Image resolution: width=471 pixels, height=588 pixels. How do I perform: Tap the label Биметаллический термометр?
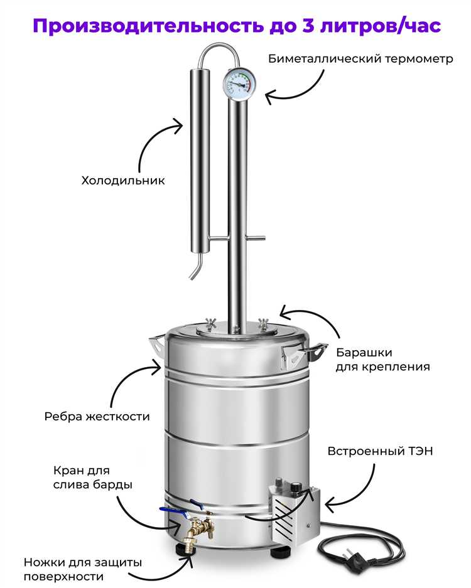[x=360, y=60]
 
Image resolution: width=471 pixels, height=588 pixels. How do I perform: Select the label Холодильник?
[x=123, y=181]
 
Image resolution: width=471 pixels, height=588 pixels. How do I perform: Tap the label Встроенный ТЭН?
[x=381, y=451]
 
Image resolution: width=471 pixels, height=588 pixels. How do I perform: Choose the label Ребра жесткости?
[x=97, y=416]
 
